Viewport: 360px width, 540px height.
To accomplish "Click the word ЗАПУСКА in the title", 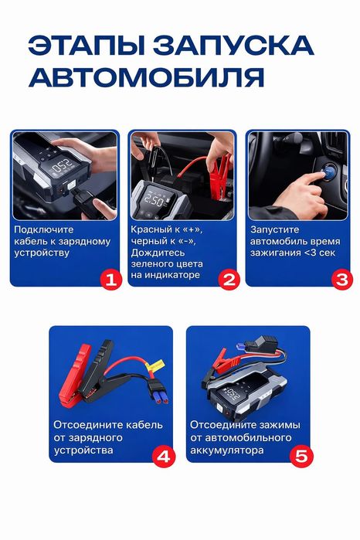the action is [233, 45].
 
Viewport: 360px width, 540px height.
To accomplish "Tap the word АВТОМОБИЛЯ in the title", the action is [147, 76].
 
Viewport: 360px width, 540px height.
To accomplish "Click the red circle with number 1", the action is [111, 279].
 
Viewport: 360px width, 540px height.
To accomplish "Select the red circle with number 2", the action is [229, 279].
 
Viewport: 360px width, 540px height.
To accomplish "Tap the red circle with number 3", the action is [342, 279].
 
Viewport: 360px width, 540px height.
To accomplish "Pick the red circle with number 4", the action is [164, 457].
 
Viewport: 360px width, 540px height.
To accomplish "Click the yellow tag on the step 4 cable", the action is [157, 365].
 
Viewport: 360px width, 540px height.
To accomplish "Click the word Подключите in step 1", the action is [44, 229].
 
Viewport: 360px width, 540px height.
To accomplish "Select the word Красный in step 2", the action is [151, 229].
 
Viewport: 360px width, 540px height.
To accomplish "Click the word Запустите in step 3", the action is [274, 229].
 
